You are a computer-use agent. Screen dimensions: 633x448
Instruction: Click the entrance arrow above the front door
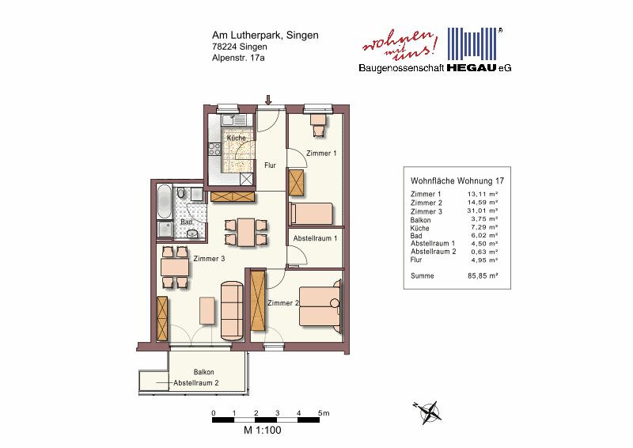(268, 100)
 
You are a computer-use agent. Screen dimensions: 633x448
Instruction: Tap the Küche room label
(236, 138)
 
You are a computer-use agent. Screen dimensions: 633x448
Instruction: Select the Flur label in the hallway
(270, 165)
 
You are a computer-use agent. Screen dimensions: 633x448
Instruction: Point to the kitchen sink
(233, 120)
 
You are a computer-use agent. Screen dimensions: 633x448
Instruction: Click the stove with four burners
(214, 149)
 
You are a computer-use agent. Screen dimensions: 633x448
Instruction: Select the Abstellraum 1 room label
(315, 238)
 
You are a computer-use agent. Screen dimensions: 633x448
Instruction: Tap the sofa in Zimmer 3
(232, 310)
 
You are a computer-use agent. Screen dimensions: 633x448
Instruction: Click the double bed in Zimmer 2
(320, 306)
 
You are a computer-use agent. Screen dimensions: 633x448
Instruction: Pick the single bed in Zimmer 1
(311, 214)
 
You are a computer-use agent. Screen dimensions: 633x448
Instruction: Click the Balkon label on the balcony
(203, 372)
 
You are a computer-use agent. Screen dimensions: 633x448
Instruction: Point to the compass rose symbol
(428, 412)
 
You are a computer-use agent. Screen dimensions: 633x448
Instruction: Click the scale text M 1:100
(262, 431)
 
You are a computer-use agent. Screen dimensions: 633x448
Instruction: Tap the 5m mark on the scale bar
(324, 413)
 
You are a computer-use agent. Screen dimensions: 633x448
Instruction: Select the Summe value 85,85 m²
(483, 276)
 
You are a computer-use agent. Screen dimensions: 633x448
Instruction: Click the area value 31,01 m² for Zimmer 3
(483, 211)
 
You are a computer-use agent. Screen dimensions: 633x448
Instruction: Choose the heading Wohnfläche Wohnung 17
(457, 181)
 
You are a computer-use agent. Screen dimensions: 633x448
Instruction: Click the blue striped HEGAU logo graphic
(472, 44)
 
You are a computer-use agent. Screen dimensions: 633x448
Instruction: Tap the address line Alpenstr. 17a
(238, 58)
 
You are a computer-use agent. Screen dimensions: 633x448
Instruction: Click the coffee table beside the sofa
(207, 310)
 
